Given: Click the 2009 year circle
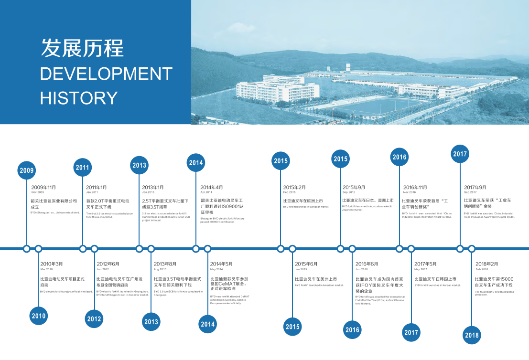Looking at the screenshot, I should coord(27,170).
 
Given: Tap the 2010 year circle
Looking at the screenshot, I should coord(39,316).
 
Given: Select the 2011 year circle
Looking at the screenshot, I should coord(83,167).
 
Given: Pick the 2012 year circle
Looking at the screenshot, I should coord(94,319).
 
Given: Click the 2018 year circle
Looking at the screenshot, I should coord(472,335).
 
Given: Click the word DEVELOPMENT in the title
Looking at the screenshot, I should coord(106,74).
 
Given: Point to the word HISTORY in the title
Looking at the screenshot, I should coord(79,98).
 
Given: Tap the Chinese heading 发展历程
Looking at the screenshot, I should coord(82,48).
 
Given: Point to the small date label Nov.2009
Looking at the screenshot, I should coord(38,192).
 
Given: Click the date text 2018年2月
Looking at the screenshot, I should coord(486,264).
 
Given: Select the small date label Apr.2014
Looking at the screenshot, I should coord(206,192).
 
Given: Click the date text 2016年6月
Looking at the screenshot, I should coord(367,264).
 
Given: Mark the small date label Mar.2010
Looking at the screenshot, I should coord(46,269).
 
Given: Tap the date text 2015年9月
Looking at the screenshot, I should coord(354,187).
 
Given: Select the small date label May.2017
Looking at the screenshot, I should coord(421,269).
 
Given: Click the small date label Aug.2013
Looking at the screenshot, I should coord(160,269).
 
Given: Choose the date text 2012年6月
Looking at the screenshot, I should coord(108,264).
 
